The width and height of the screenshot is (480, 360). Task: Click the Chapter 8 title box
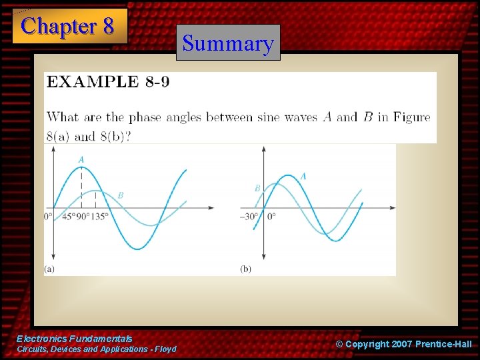(69, 26)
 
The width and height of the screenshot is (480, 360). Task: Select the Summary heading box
(228, 43)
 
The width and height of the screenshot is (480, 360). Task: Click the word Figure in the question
(411, 117)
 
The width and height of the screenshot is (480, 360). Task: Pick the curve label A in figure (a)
(81, 159)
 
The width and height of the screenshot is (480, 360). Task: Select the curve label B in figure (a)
(120, 195)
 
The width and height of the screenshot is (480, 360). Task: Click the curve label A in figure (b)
(303, 176)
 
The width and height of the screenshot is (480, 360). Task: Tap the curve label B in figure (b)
(257, 189)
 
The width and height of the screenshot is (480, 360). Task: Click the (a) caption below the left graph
(49, 269)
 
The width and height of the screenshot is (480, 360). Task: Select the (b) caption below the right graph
(245, 269)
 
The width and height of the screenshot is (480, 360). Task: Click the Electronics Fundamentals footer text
(75, 339)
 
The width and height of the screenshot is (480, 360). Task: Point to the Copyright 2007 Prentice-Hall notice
(403, 344)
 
